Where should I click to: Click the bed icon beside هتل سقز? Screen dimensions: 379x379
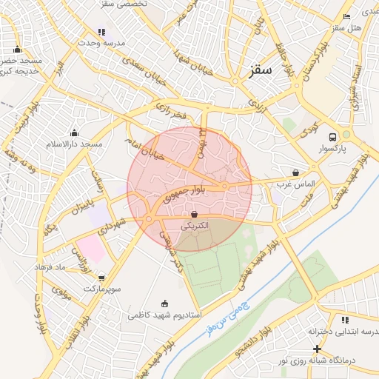coord(347,16)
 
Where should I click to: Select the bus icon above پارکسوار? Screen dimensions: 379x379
coord(332,137)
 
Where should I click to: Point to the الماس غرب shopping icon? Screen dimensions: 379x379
coord(296,172)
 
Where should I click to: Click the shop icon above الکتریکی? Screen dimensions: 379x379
coord(194,214)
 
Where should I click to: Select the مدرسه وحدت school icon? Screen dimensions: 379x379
coord(102,32)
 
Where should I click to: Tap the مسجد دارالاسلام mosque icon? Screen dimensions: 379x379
coord(73,133)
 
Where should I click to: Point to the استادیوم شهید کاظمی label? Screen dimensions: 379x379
coord(163,315)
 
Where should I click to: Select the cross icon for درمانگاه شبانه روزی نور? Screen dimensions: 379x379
coord(317,349)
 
